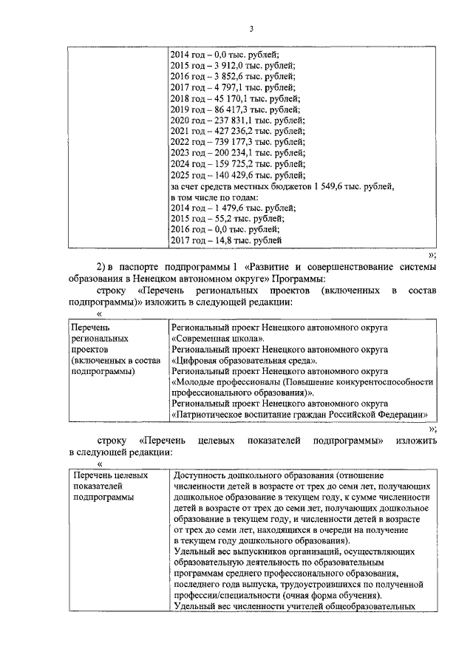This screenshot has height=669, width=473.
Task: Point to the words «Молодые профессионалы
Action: pyautogui.click(x=221, y=382)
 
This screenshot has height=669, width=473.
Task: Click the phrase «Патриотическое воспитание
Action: pyautogui.click(x=233, y=415)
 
